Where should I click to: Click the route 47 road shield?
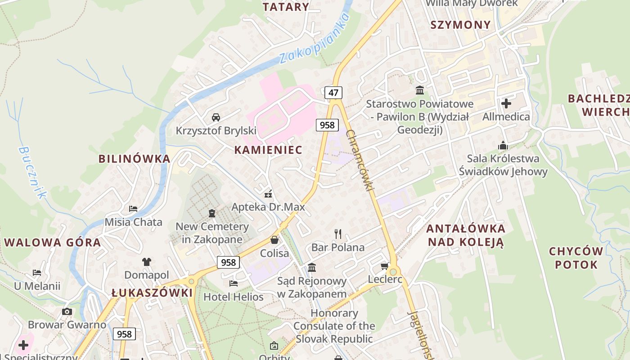[x=333, y=93]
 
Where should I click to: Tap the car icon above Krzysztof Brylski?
[x=216, y=117]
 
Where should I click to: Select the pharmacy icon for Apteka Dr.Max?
[x=268, y=194]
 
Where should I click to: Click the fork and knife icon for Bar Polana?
[x=338, y=234]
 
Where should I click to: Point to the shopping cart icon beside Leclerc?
[x=385, y=266]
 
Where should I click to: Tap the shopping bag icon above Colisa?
[x=274, y=240]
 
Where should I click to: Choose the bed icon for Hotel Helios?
[x=233, y=283]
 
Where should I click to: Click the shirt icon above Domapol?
[x=147, y=261]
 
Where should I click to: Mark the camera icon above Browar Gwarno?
[x=67, y=311]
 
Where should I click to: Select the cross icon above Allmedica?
[x=506, y=103]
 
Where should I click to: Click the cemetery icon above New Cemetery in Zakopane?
[x=212, y=213]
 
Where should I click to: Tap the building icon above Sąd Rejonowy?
[x=312, y=268]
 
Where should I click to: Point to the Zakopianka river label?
[x=314, y=39]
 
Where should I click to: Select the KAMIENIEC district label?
[x=268, y=150]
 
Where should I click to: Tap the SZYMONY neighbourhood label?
[x=460, y=25]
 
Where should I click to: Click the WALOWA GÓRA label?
[x=53, y=243]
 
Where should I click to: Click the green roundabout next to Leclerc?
[x=394, y=272]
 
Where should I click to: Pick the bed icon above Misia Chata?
[x=133, y=209]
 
